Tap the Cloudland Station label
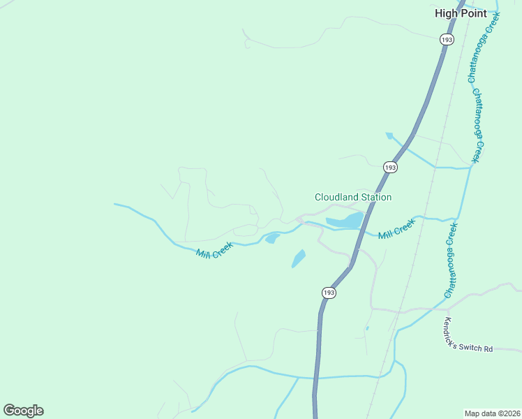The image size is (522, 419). coord(352,198)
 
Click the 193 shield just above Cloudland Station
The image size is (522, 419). coord(390,168)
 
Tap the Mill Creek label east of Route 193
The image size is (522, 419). coord(396,228)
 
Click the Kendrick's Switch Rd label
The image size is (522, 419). coord(468,336)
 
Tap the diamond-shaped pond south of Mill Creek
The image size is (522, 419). coord(298,259)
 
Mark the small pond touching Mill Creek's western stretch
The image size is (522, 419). coord(271,239)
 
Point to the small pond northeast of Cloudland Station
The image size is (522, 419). coord(389,135)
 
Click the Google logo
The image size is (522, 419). coord(23,411)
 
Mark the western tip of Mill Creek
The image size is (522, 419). coord(115,204)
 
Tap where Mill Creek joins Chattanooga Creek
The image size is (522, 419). coord(459,220)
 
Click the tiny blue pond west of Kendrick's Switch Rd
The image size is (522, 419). coord(367,328)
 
